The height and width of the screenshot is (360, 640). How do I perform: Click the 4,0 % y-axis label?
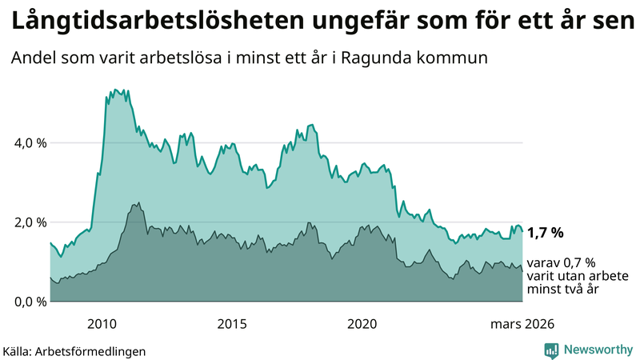click(27, 143)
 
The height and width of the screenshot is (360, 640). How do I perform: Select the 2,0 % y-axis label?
click(27, 222)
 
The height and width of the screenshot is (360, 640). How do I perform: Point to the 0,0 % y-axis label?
click(27, 302)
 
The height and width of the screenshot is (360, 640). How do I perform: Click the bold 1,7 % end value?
click(545, 233)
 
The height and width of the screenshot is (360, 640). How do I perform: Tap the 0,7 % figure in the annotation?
click(578, 262)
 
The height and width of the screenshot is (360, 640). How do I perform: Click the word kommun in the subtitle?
click(458, 58)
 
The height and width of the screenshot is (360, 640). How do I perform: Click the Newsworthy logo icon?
click(551, 350)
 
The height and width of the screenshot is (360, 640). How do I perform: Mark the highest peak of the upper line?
click(116, 90)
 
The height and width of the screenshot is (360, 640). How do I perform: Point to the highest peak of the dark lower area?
click(138, 203)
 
